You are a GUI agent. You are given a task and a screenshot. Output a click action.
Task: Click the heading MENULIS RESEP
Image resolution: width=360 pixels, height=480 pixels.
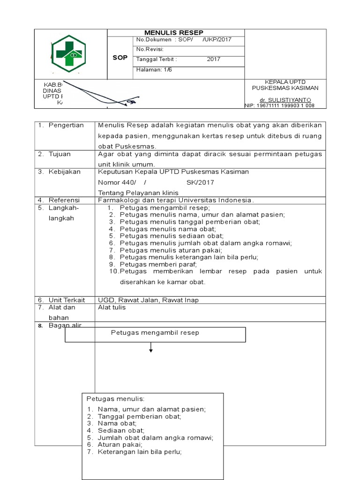[x=173, y=32]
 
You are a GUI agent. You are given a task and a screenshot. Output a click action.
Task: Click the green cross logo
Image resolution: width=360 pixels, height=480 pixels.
[x=68, y=54]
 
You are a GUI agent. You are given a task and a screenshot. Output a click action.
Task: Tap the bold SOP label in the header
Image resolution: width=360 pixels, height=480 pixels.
[x=120, y=58]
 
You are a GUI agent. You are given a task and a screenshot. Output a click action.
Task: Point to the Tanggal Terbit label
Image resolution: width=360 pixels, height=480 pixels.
[x=156, y=60]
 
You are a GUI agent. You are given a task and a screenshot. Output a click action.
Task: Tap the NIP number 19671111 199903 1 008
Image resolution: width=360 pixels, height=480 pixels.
[x=280, y=106]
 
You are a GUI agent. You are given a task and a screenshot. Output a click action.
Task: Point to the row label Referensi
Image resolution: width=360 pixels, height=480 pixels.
[x=64, y=200]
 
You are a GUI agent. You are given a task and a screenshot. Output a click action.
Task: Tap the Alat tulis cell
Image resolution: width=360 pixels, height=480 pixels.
[x=112, y=307]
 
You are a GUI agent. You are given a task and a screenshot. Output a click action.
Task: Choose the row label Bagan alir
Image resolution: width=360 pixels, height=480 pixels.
[x=65, y=325]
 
